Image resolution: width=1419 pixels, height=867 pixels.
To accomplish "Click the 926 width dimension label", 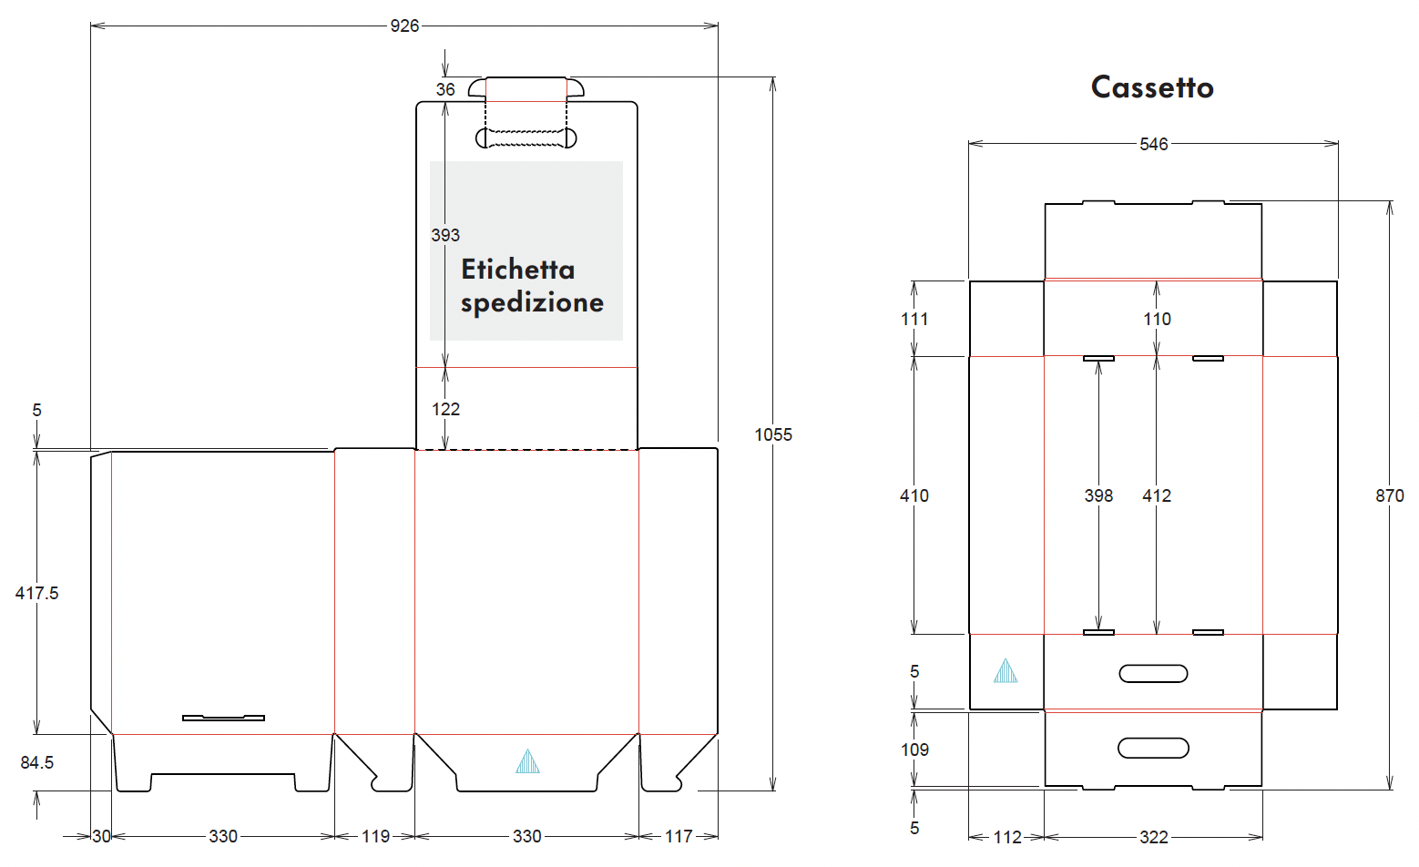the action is point(404,26).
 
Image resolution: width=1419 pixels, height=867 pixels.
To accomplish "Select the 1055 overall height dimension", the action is point(773,434).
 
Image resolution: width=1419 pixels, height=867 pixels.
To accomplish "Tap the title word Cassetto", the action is point(1152,87).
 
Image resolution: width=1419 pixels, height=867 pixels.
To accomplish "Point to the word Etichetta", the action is point(517,270).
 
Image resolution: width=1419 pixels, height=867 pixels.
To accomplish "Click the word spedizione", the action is point(532,302).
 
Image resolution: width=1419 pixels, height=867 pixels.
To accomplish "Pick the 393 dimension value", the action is point(445,235).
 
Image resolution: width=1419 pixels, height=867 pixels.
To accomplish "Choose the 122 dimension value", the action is point(445,409).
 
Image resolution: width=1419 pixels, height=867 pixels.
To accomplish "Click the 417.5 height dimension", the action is point(36,593).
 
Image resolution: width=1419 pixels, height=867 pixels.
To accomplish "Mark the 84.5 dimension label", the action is point(36,762).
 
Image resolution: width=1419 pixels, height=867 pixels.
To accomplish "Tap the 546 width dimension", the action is point(1154,145).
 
